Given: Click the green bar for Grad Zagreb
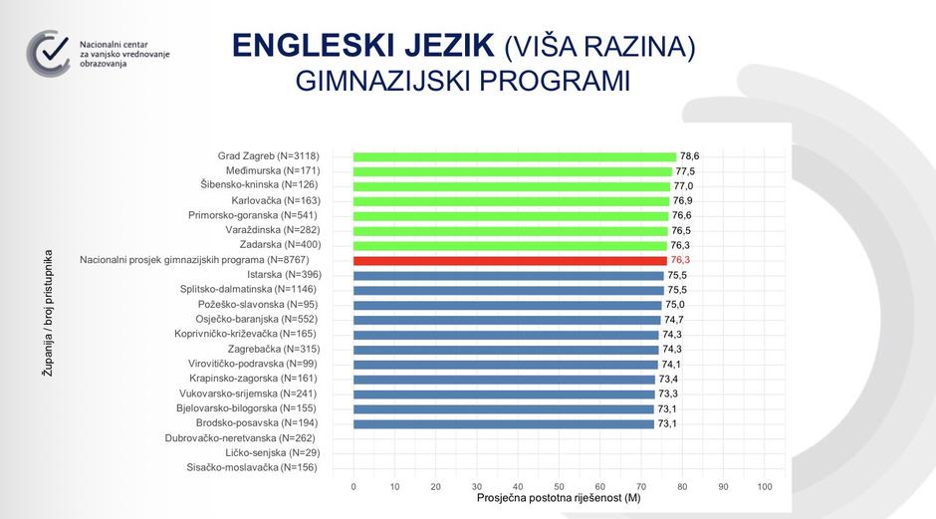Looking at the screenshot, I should click(515, 156).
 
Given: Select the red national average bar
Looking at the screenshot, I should click(510, 260).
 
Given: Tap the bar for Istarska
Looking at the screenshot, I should click(508, 275).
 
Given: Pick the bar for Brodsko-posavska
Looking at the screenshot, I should click(503, 423).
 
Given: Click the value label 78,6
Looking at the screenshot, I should click(690, 156).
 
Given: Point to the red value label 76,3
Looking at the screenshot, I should click(681, 260).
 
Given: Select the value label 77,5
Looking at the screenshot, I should click(685, 171).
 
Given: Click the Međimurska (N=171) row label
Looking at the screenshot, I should click(273, 171).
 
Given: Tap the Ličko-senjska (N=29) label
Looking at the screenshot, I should click(267, 453).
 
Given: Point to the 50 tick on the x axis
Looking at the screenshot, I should click(560, 487).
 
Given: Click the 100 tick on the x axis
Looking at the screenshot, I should click(765, 487).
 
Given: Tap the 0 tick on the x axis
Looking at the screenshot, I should click(353, 487).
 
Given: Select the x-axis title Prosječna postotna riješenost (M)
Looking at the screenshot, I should click(559, 498).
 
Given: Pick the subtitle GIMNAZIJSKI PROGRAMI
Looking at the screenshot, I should click(463, 82).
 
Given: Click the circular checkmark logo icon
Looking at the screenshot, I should click(49, 53).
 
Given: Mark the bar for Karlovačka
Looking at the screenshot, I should click(512, 201).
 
